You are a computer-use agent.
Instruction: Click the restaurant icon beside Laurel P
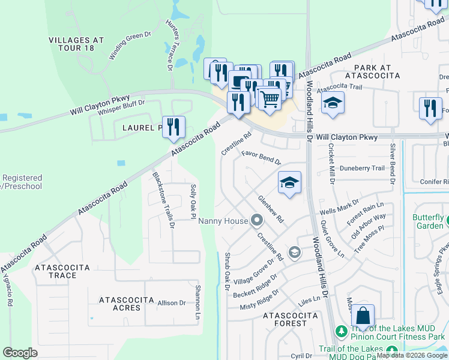(x=173, y=127)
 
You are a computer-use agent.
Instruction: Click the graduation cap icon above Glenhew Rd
(x=289, y=183)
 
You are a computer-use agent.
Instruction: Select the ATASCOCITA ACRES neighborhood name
(x=119, y=303)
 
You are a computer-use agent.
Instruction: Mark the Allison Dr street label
(x=172, y=304)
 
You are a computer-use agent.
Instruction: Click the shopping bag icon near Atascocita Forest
(x=363, y=316)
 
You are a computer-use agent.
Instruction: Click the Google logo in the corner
(x=20, y=352)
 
